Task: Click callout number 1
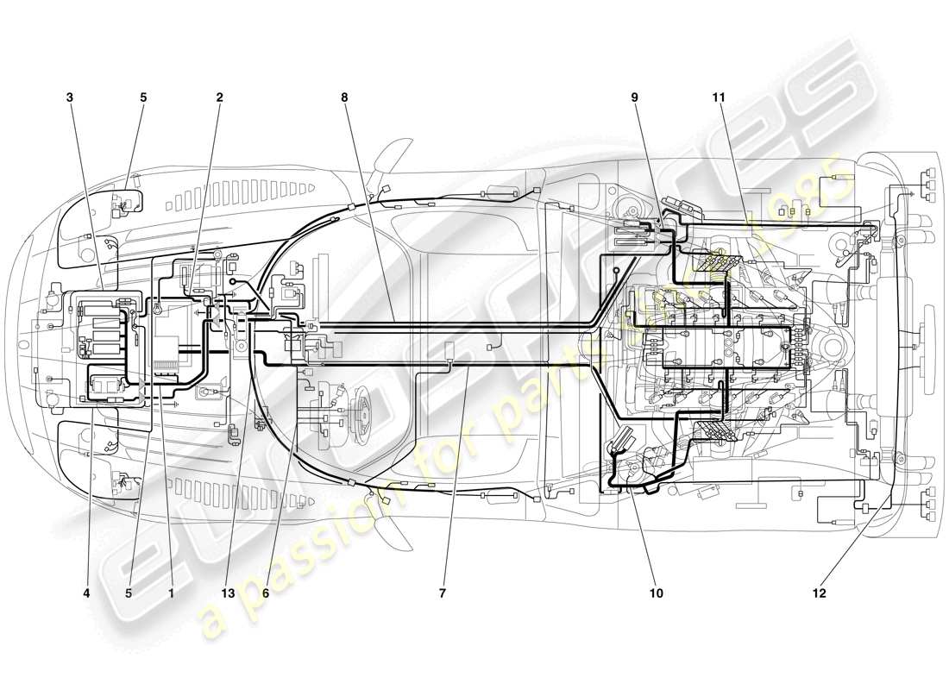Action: point(171,593)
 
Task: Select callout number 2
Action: point(219,97)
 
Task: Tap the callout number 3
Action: point(70,97)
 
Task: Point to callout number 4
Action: point(86,593)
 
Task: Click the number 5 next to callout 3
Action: point(143,97)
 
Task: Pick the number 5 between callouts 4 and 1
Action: point(129,593)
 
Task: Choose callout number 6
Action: point(267,593)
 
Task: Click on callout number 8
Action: point(344,97)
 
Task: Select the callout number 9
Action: point(634,97)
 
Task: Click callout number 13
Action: point(229,593)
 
